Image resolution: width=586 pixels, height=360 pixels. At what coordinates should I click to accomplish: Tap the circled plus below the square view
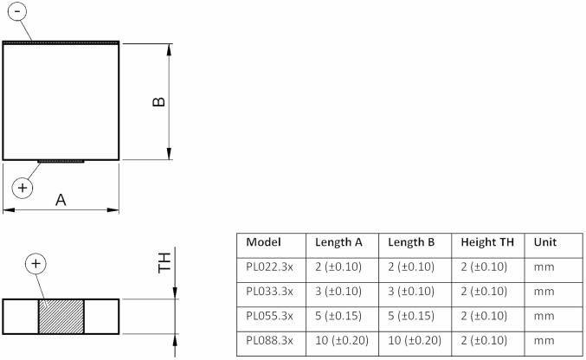[x=23, y=186]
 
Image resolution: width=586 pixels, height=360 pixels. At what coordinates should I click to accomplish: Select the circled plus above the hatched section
[x=35, y=263]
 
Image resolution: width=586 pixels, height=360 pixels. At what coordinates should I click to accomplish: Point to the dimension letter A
[x=61, y=200]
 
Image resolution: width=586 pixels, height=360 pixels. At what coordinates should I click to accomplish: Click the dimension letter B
[x=158, y=101]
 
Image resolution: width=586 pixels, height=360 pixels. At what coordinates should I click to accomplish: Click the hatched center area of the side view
[x=61, y=317]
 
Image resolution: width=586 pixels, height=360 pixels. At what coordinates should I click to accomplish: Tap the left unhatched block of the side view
[x=20, y=317]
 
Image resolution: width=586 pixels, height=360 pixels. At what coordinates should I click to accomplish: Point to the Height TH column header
[x=487, y=242]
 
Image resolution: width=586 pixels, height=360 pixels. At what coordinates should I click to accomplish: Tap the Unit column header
[x=545, y=242]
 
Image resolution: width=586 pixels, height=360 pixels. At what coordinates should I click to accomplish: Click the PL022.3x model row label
[x=269, y=267]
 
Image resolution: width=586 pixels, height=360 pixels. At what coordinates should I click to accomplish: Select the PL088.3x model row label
[x=269, y=341]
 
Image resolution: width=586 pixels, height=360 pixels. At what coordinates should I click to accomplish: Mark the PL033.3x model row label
[x=269, y=292]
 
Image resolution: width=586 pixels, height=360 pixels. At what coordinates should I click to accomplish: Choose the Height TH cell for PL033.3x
[x=484, y=292]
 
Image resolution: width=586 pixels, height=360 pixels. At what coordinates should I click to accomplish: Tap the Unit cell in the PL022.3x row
[x=544, y=267]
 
